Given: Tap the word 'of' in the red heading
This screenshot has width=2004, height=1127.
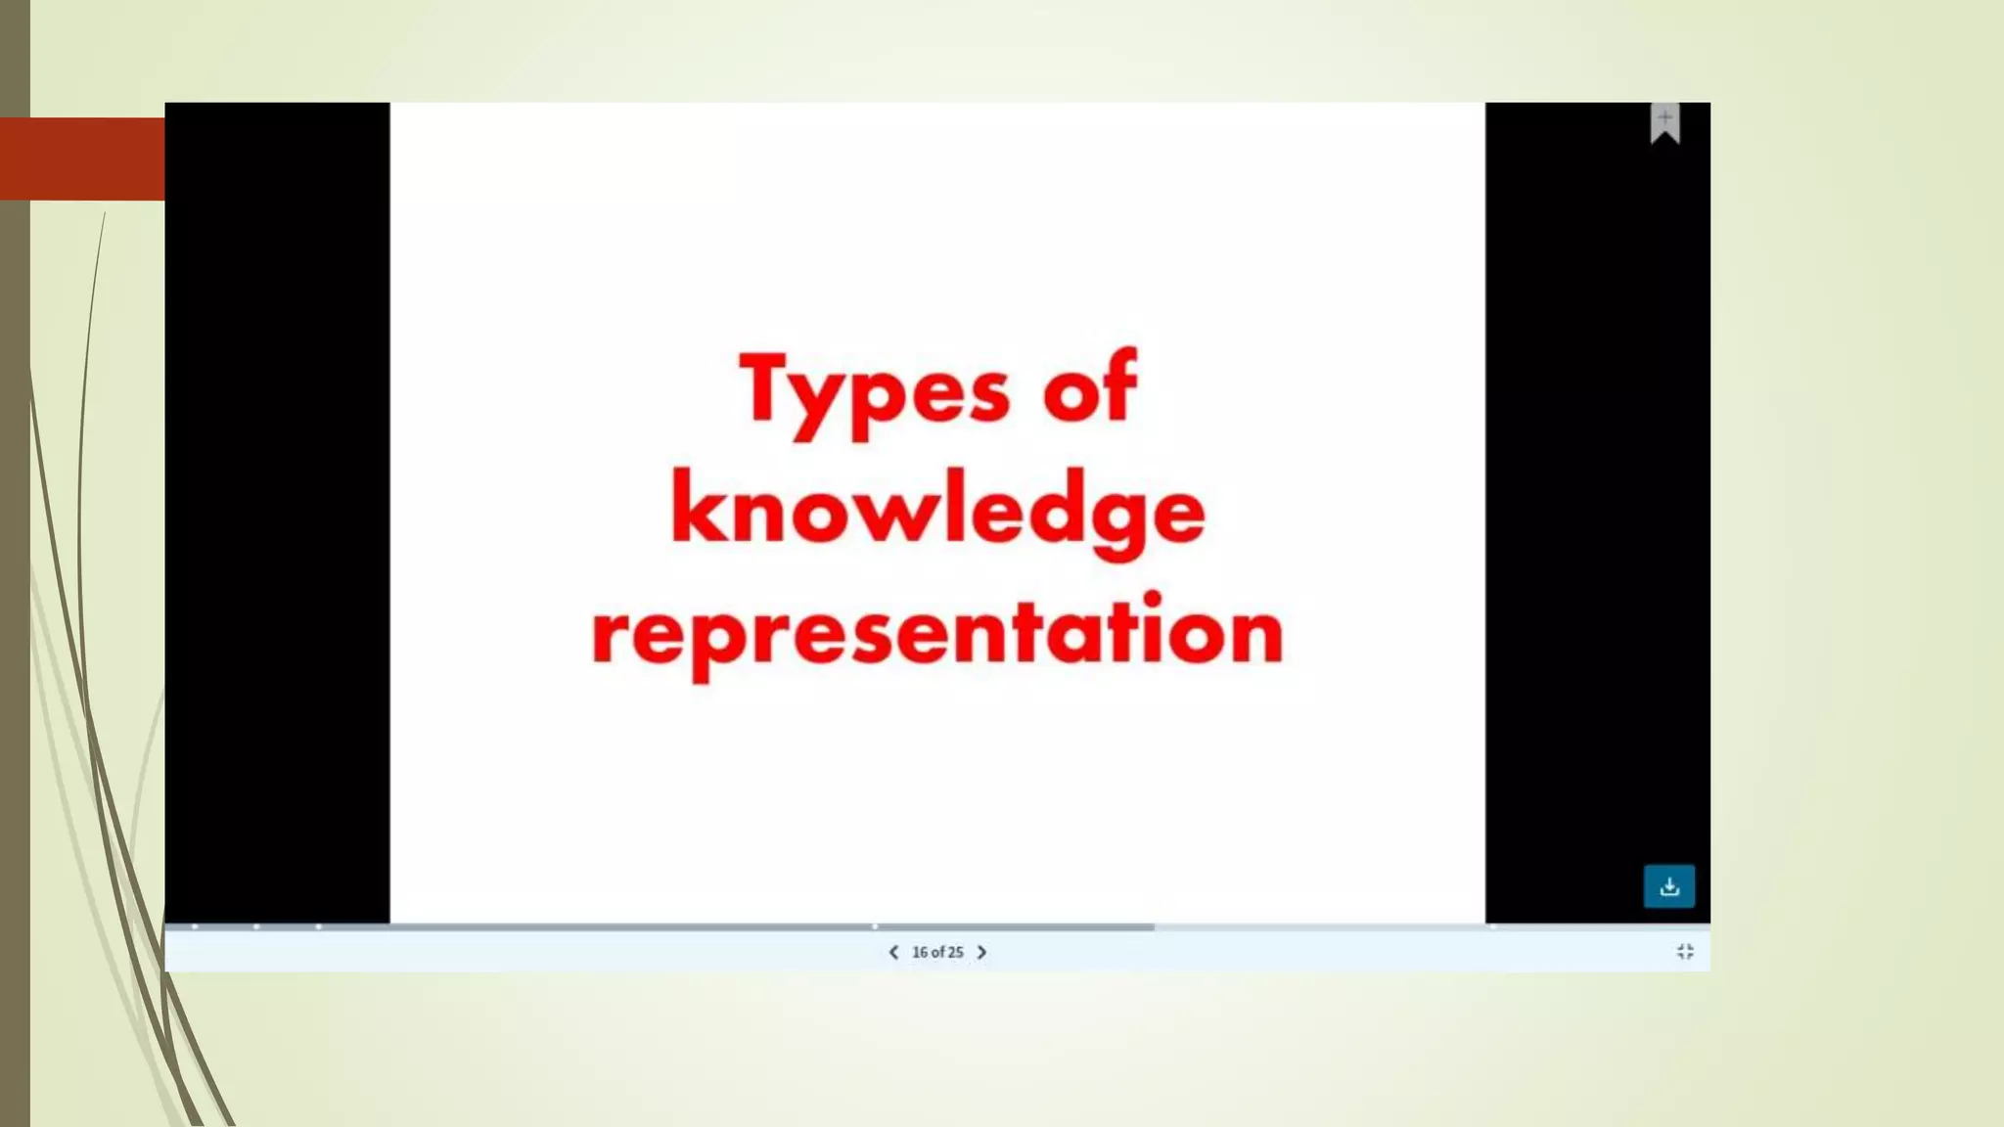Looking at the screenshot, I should (1090, 387).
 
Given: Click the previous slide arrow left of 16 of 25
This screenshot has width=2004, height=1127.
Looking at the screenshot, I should (893, 952).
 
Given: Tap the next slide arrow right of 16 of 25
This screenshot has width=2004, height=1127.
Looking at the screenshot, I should (981, 952).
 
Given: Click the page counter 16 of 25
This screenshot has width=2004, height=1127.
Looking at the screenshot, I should (937, 952).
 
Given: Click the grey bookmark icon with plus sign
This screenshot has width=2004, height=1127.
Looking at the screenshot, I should (1664, 123).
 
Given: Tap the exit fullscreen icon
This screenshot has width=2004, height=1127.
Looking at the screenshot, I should (1684, 952).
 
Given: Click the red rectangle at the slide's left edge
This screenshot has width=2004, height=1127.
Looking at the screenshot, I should (82, 158).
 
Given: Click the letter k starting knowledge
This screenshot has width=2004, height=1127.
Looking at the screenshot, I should (696, 507).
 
